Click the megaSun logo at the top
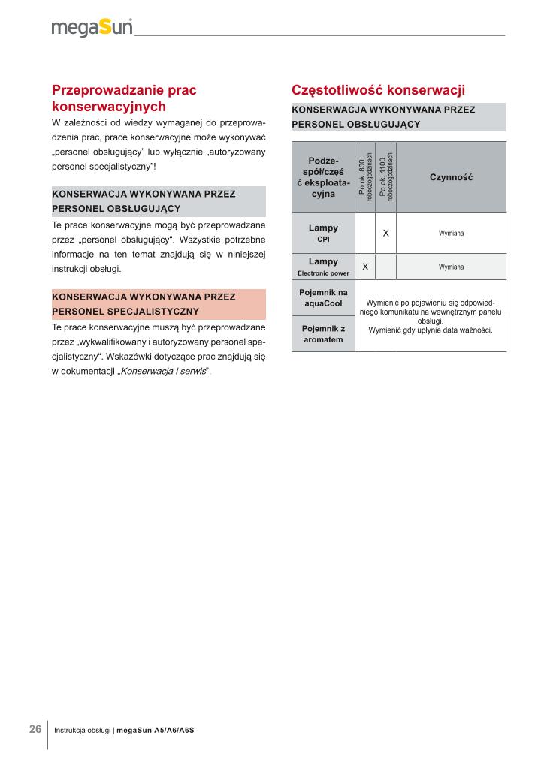92,28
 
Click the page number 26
35,729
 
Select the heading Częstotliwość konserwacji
378,90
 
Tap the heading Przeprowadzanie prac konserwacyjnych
124,98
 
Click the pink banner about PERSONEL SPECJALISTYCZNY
159,303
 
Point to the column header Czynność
451,177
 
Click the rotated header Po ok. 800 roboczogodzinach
365,177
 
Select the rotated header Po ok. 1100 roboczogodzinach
385,177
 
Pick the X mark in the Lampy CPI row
385,234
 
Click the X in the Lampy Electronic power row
365,267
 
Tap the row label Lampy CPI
323,233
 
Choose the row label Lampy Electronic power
323,267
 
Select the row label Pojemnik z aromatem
323,334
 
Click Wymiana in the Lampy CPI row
451,234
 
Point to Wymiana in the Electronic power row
451,267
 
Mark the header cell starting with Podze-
323,177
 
